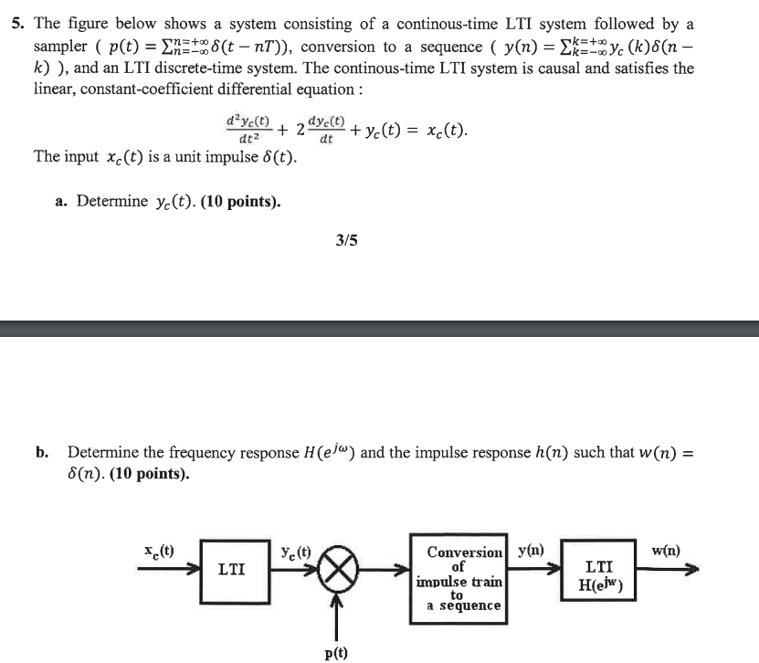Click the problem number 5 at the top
click(x=17, y=25)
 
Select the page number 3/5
click(x=347, y=241)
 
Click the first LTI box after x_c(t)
click(x=231, y=570)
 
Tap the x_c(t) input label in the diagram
click(x=162, y=550)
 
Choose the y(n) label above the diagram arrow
click(x=531, y=550)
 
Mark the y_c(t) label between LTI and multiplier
click(x=298, y=551)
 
